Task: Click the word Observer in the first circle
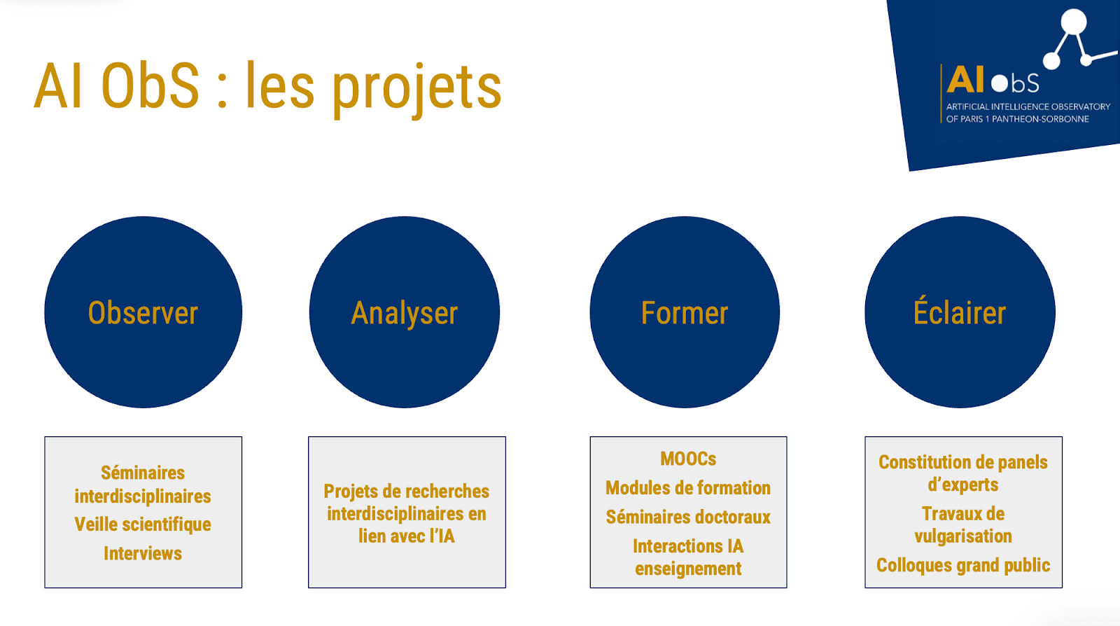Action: pyautogui.click(x=143, y=313)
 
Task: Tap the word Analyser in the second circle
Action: pyautogui.click(x=404, y=314)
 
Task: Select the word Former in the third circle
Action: pyautogui.click(x=685, y=313)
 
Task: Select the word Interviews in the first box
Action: pyautogui.click(x=143, y=553)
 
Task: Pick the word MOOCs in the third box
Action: pyautogui.click(x=688, y=459)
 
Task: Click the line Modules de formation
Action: pyautogui.click(x=688, y=488)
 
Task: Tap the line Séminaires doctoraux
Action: pyautogui.click(x=688, y=517)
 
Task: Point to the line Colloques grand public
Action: pyautogui.click(x=963, y=566)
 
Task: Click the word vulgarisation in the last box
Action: pyautogui.click(x=963, y=536)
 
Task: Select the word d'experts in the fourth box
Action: pyautogui.click(x=963, y=485)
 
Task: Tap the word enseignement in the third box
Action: pyautogui.click(x=688, y=569)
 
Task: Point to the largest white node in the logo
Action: pyautogui.click(x=1074, y=22)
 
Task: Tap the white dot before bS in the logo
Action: pyautogui.click(x=1000, y=83)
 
